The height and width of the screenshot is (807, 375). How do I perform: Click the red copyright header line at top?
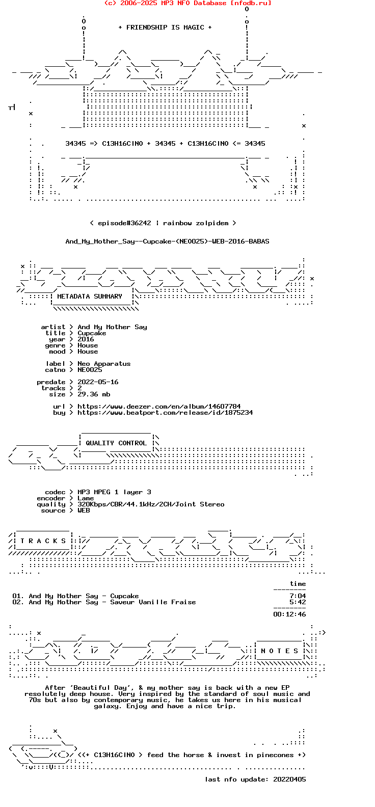(x=187, y=3)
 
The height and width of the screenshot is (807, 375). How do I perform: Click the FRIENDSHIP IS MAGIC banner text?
(x=165, y=28)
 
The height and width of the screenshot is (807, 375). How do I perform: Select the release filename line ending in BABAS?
(x=167, y=241)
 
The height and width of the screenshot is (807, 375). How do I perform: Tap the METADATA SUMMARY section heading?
(x=90, y=297)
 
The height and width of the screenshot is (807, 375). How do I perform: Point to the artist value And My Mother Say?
(x=112, y=327)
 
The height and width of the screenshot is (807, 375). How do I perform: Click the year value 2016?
(x=86, y=339)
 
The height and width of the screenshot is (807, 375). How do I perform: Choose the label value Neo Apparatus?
(x=104, y=364)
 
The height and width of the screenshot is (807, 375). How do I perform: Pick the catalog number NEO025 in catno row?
(x=90, y=370)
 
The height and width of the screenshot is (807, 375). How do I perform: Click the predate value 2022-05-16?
(x=98, y=382)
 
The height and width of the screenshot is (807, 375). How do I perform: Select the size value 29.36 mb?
(x=94, y=394)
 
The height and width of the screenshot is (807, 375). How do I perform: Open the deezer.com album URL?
(x=159, y=407)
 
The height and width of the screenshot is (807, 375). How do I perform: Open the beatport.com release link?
(x=165, y=413)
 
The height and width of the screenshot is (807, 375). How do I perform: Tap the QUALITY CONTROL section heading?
(x=116, y=443)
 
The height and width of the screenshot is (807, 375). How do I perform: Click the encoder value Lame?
(x=86, y=498)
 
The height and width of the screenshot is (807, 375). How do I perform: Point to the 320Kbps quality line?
(x=151, y=504)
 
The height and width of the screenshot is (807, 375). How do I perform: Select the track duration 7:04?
(x=298, y=596)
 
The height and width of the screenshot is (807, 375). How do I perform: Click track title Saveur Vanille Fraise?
(x=153, y=602)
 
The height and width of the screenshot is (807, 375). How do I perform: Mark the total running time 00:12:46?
(x=289, y=614)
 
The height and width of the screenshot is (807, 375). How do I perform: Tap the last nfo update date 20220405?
(x=289, y=779)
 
